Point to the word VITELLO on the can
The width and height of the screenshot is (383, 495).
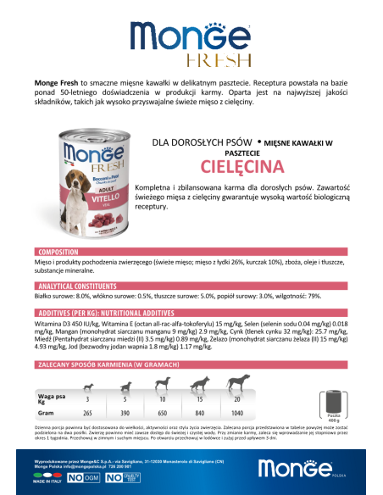tap(82, 193)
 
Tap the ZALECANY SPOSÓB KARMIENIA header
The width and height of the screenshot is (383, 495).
tap(114, 363)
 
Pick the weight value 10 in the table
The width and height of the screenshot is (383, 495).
tap(163, 398)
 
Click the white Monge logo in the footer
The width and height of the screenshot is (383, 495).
tap(300, 469)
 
